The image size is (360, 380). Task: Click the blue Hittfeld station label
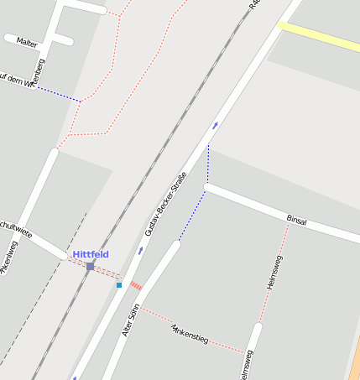click(x=90, y=253)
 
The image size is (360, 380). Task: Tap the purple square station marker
click(x=90, y=266)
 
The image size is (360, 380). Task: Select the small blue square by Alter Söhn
click(x=119, y=285)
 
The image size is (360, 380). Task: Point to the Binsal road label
click(x=296, y=221)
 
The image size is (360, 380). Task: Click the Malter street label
click(x=27, y=42)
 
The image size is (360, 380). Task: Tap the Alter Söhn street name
click(x=130, y=320)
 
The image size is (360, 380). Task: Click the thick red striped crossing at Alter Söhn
click(x=136, y=286)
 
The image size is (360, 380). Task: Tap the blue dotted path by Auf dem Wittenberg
click(x=59, y=93)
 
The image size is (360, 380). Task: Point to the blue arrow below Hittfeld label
click(x=141, y=250)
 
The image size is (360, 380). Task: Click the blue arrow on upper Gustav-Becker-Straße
click(x=215, y=125)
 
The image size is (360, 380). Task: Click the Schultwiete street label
click(x=15, y=227)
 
